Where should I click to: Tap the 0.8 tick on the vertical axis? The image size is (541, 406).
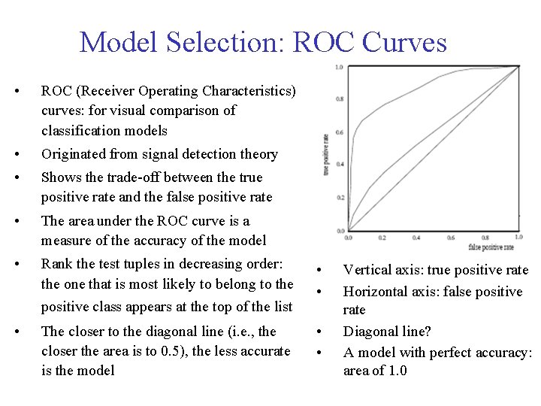coord(340,99)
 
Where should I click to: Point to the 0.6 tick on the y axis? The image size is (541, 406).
coord(340,133)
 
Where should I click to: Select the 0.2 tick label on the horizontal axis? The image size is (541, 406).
coord(382,238)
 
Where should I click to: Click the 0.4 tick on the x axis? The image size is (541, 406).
coord(416,238)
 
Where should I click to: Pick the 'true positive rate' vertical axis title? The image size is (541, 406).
coord(327,150)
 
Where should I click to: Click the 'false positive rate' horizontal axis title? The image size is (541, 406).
coord(491,247)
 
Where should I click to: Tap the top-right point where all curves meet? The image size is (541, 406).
coord(518,67)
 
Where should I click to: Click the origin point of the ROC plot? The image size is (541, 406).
coord(348,231)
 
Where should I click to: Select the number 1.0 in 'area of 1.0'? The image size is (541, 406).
coord(394,371)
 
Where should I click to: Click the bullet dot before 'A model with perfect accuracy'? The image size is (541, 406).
coord(320,353)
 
